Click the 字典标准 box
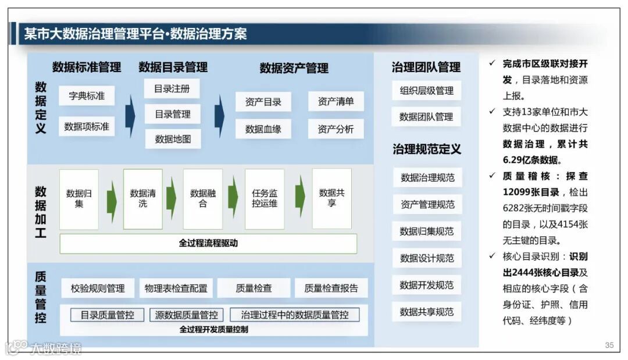(x=87, y=96)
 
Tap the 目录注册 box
(x=172, y=89)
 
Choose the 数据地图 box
(x=173, y=139)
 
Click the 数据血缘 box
(x=263, y=129)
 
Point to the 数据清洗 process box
(x=142, y=198)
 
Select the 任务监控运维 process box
(x=265, y=198)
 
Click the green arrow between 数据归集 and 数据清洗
(x=111, y=199)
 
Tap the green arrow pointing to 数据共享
(x=299, y=197)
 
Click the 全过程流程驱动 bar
(x=208, y=244)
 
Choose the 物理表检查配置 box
(x=176, y=288)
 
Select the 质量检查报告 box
(x=331, y=288)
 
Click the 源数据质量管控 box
(x=186, y=315)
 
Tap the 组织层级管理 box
(x=426, y=91)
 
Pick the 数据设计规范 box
(x=427, y=258)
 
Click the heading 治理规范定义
(x=426, y=149)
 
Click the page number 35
(x=609, y=345)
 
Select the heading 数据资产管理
(x=294, y=68)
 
